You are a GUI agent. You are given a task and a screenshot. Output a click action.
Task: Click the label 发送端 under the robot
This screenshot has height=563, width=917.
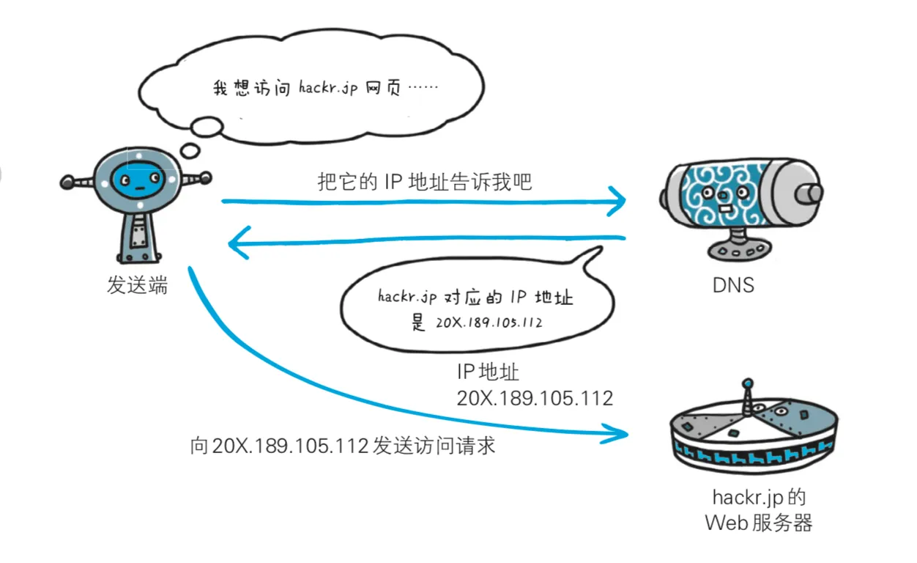pos(137,285)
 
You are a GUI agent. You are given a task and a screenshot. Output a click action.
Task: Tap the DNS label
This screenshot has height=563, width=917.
pos(732,284)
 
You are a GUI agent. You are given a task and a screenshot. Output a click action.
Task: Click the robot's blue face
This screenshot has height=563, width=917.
pos(139,177)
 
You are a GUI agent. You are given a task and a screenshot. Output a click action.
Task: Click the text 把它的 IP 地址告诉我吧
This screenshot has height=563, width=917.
pos(425,182)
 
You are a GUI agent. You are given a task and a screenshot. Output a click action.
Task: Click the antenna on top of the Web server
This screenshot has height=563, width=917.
pos(747,396)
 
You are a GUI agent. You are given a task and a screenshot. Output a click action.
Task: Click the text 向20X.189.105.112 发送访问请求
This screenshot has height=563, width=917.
pos(342,445)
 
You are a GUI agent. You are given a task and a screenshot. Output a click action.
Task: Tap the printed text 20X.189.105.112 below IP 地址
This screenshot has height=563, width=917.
pos(535,399)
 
